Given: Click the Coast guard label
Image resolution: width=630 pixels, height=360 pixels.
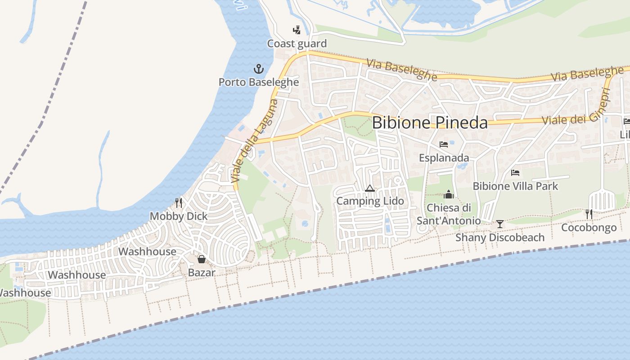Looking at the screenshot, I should [297, 44].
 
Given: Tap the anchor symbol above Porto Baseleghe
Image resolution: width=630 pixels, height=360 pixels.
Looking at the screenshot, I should [258, 69].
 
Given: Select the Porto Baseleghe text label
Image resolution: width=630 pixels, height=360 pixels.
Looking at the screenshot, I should [259, 82].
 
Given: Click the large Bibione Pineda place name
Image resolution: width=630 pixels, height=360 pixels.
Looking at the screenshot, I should [430, 122].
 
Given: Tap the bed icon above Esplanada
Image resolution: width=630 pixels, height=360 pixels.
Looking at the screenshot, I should [444, 144].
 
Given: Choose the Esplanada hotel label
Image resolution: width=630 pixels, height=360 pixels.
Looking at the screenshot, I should [444, 158].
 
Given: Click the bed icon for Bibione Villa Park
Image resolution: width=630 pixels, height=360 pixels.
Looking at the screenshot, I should [515, 172].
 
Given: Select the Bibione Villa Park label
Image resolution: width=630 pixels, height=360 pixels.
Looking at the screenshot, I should [515, 186].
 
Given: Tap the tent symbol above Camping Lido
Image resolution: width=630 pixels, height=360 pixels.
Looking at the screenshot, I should [370, 188].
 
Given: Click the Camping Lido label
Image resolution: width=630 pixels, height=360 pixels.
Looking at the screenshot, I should [370, 201].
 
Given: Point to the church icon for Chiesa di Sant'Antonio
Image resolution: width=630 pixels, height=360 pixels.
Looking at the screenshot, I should [448, 194].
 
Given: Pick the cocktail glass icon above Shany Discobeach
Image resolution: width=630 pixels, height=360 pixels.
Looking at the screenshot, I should [499, 224].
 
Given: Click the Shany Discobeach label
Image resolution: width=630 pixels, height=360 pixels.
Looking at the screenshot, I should [500, 237].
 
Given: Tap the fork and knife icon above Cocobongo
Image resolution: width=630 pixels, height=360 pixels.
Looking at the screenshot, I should [589, 214].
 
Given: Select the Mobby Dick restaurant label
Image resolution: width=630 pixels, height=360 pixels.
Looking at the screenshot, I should [179, 216].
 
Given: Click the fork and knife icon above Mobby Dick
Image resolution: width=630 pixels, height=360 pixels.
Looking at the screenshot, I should [179, 203].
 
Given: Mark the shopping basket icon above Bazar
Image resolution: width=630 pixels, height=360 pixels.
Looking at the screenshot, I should [202, 259].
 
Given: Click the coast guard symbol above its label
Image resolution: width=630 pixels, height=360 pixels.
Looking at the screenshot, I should [297, 30].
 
